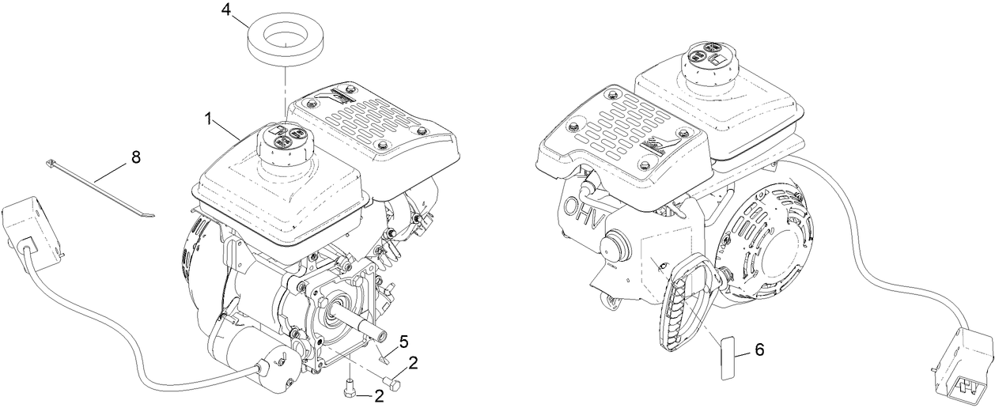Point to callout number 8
(135, 157)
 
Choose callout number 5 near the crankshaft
(403, 342)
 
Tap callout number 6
(760, 349)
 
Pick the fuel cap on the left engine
(282, 143)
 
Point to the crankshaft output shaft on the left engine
(365, 322)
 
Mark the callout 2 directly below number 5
(413, 363)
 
